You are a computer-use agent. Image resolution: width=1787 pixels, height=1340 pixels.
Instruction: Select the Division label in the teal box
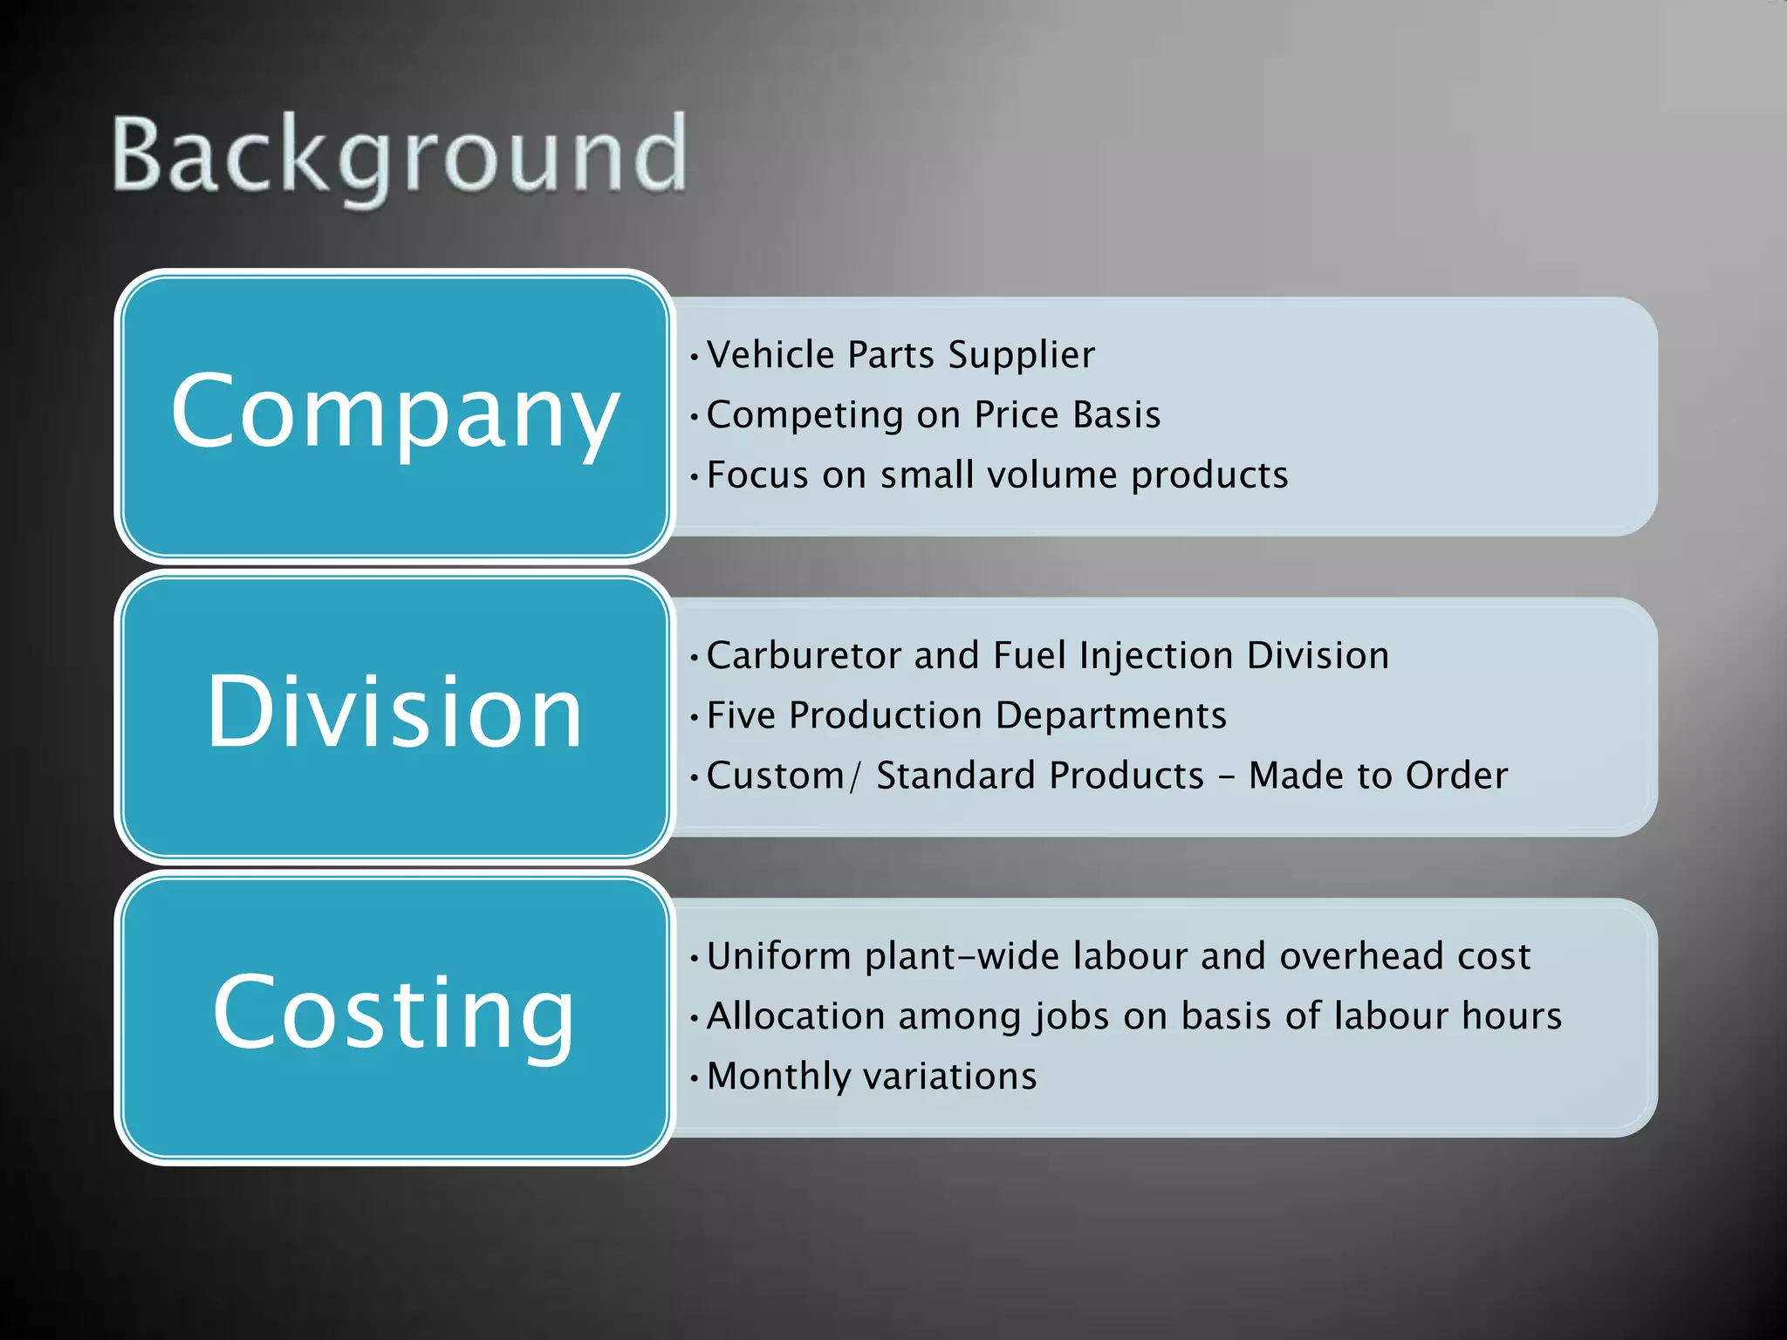394,712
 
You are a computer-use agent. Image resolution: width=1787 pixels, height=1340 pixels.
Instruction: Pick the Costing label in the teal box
394,1013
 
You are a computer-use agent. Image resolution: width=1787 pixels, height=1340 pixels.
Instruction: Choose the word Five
741,716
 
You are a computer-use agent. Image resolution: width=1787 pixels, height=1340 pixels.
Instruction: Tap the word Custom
775,776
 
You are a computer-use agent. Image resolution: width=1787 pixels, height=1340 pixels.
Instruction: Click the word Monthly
777,1077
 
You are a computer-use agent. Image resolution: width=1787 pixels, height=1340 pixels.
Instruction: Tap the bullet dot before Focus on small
694,477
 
